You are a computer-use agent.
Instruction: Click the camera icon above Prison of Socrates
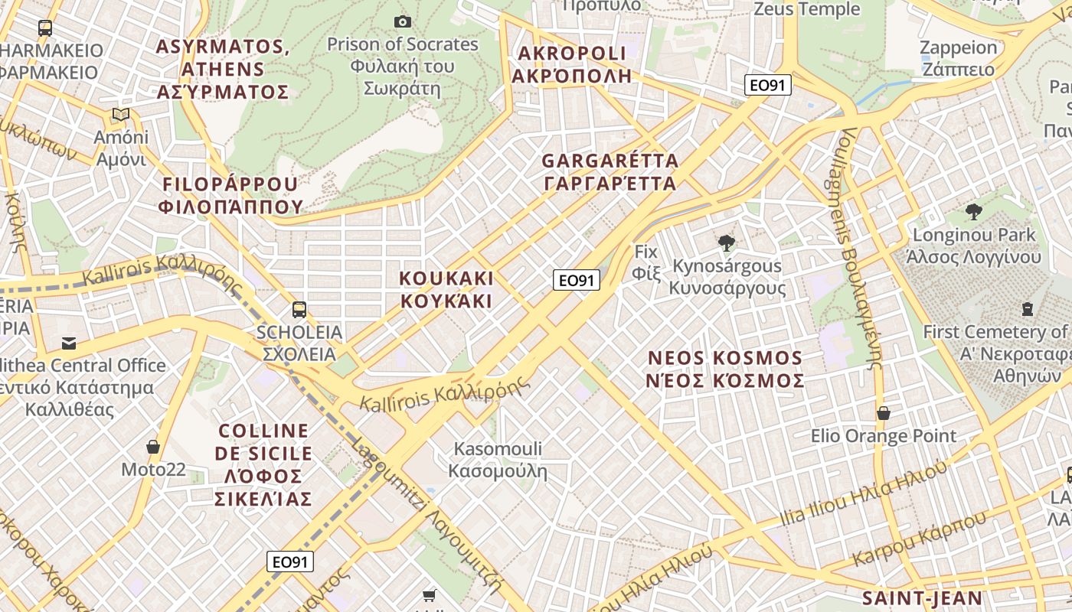tap(402, 21)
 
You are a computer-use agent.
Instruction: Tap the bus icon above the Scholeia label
tap(299, 310)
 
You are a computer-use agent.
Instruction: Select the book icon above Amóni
tap(120, 115)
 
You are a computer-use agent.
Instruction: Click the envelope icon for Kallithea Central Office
tap(69, 343)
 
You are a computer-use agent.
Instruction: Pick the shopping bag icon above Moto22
tap(153, 447)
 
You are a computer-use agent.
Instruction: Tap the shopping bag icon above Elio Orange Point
tap(884, 413)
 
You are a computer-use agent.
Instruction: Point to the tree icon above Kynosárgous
tap(727, 243)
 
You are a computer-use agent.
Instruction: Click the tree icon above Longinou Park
tap(973, 212)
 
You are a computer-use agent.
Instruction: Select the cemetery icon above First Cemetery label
tap(1028, 309)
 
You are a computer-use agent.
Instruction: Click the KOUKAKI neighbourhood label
tap(447, 289)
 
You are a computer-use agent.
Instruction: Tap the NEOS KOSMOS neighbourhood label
tap(726, 369)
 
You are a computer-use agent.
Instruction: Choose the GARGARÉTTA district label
tap(610, 172)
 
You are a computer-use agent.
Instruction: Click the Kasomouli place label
tap(498, 459)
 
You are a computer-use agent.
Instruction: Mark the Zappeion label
tap(958, 58)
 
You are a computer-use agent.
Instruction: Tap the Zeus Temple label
tap(807, 9)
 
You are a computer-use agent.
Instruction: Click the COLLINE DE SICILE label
tap(263, 464)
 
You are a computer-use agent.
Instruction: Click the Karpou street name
tap(919, 539)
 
